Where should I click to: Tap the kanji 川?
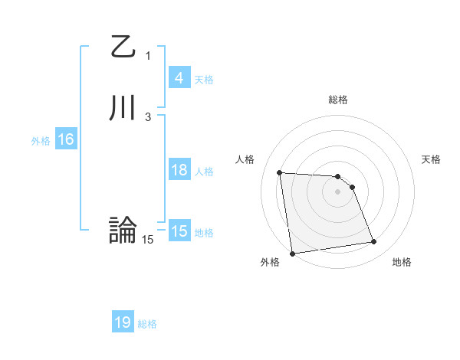click(123, 109)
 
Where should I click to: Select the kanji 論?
click(123, 231)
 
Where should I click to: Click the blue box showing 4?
click(179, 78)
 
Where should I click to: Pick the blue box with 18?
click(179, 170)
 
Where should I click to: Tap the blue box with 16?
click(65, 140)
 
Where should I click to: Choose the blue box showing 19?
click(123, 323)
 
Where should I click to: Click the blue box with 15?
click(179, 231)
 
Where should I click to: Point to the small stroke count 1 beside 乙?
click(148, 55)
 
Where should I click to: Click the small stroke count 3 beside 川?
click(148, 116)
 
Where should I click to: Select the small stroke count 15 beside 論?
click(148, 240)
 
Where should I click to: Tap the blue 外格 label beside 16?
click(41, 141)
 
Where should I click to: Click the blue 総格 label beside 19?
click(147, 324)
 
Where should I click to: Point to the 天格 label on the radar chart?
click(431, 159)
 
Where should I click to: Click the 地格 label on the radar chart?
click(402, 262)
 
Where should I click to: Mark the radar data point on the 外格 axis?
click(291, 253)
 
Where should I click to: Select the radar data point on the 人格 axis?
click(280, 172)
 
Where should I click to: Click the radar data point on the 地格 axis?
click(374, 242)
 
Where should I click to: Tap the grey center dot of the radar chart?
click(337, 191)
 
